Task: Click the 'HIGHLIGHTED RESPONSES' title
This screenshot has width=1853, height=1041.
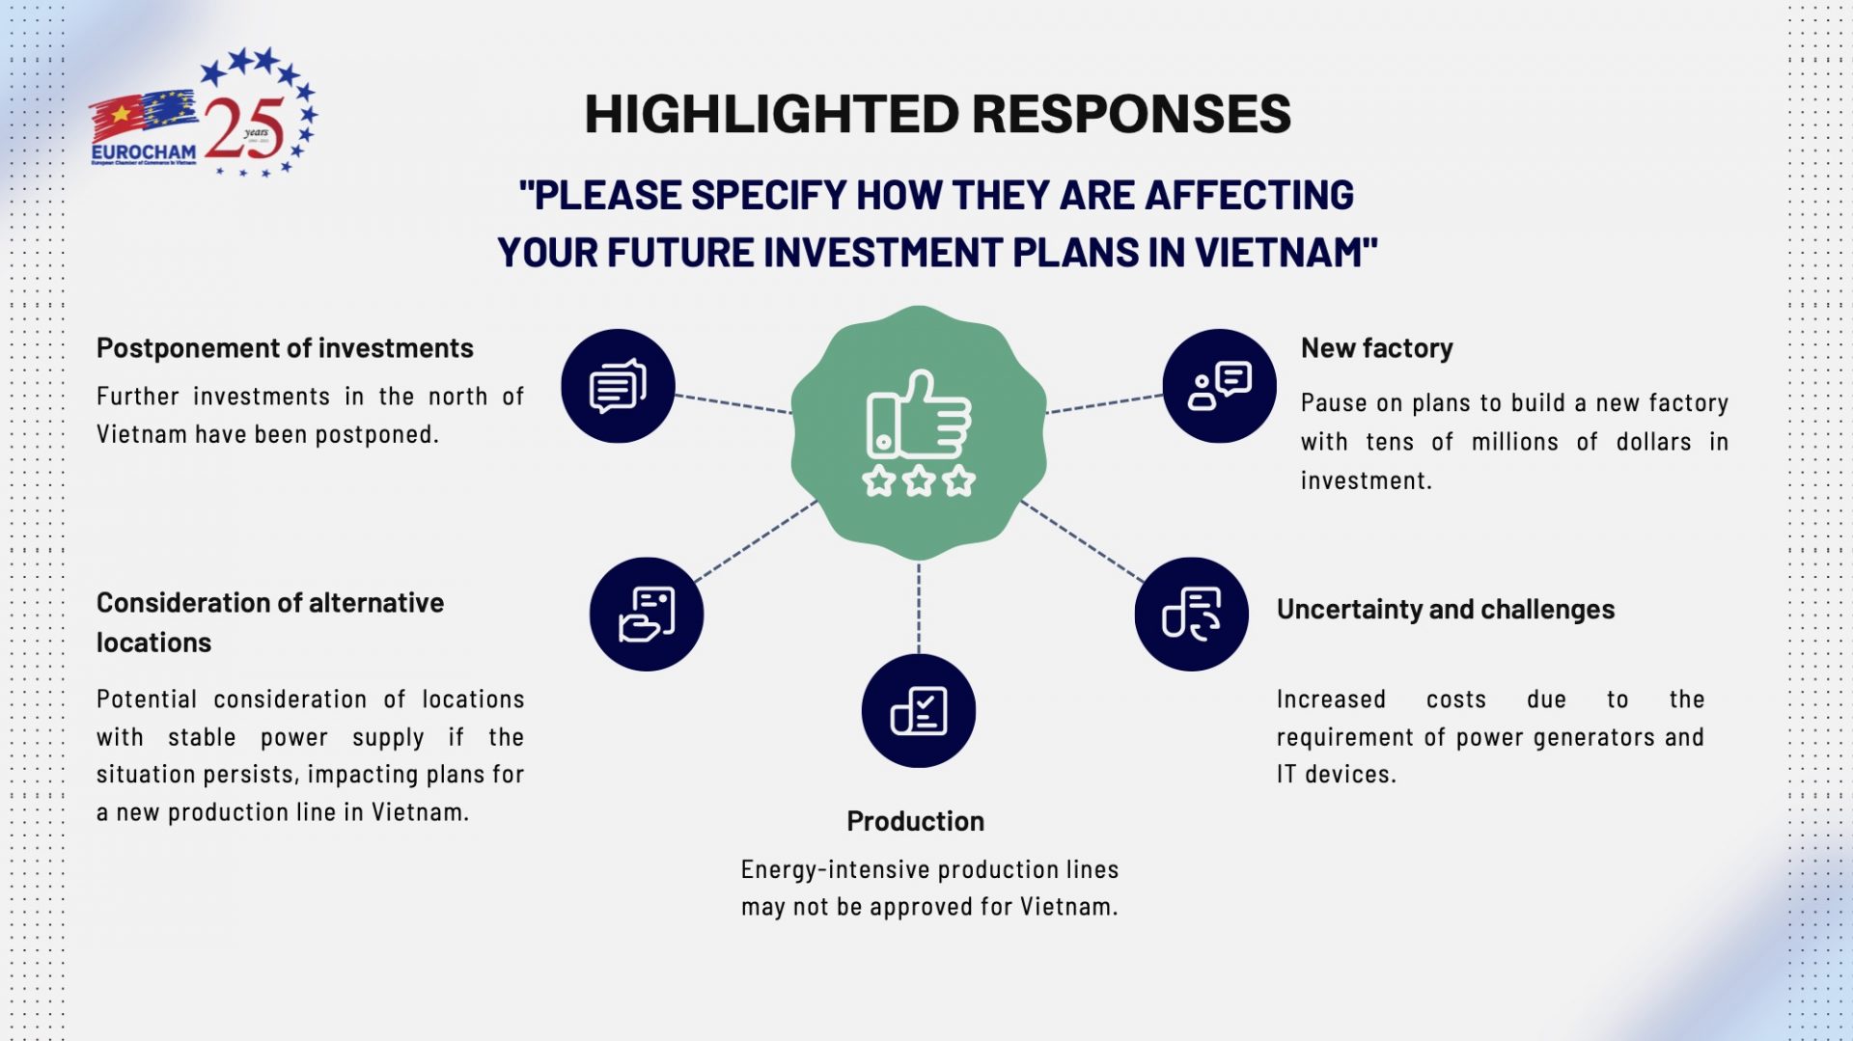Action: coord(937,114)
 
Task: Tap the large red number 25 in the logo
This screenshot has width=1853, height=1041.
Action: coord(244,128)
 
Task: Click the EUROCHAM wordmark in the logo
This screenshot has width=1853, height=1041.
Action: coord(144,151)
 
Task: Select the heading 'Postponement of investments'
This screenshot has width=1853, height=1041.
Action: coord(285,348)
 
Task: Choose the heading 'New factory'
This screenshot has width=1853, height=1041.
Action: coord(1376,348)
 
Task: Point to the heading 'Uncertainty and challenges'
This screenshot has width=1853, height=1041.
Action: coord(1445,610)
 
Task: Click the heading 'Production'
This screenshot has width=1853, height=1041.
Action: coord(915,821)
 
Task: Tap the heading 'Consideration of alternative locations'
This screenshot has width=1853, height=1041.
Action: coord(269,622)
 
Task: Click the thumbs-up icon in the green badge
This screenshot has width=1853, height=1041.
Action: coord(919,415)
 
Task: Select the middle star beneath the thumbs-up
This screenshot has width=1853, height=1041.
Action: coord(919,480)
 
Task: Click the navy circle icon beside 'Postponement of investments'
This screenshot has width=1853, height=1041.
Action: coord(618,386)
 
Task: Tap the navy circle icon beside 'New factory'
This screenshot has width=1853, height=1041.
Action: coord(1219,386)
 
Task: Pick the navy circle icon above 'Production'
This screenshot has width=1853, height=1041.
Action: coord(918,711)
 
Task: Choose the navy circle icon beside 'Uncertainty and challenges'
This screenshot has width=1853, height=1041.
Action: coord(1191,614)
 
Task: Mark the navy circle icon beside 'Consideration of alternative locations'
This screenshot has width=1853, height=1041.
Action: coord(646,614)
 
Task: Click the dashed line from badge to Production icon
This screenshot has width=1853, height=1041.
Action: coord(918,608)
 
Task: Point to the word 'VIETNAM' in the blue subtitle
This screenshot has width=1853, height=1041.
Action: coord(1278,253)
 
